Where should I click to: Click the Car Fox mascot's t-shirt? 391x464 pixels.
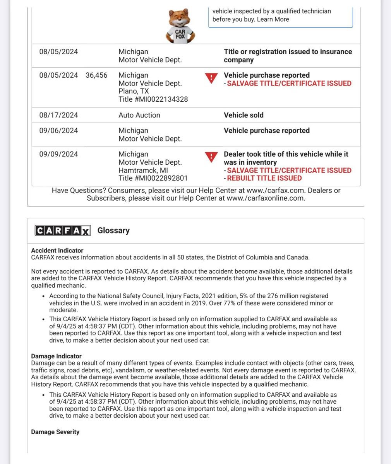point(180,34)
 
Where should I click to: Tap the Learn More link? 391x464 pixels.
point(273,19)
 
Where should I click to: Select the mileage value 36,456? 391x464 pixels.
point(96,75)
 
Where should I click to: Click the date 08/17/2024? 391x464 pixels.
point(58,115)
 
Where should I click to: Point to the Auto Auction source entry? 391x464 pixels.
point(139,115)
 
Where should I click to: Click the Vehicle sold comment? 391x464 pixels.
point(244,115)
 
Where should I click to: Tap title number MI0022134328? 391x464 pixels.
point(153,99)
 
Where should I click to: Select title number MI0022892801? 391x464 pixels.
point(153,178)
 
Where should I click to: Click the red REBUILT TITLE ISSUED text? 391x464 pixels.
point(264,178)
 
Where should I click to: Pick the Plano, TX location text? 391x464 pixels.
point(134,91)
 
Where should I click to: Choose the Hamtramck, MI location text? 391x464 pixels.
point(143,171)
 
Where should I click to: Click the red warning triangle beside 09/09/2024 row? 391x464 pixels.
point(211,157)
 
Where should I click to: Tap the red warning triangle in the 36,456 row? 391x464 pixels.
point(211,78)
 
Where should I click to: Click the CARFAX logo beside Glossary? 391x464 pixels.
point(63,230)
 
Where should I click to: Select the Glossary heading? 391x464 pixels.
point(113,230)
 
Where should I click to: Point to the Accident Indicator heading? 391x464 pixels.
point(57,251)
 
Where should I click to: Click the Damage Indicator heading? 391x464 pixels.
point(57,356)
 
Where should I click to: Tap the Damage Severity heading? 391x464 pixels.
point(55,432)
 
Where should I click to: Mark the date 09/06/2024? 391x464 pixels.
point(58,131)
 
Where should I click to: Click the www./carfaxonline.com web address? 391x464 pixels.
point(266,198)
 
